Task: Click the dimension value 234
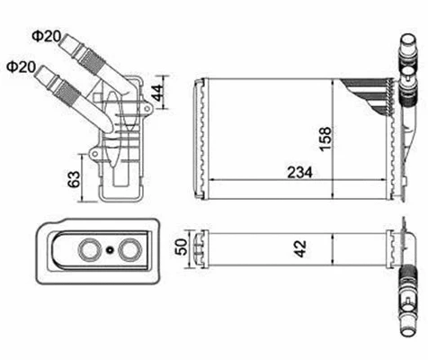(x=295, y=171)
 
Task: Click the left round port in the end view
(x=90, y=249)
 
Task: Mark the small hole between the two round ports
(x=111, y=250)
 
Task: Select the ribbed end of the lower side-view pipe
(x=67, y=89)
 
